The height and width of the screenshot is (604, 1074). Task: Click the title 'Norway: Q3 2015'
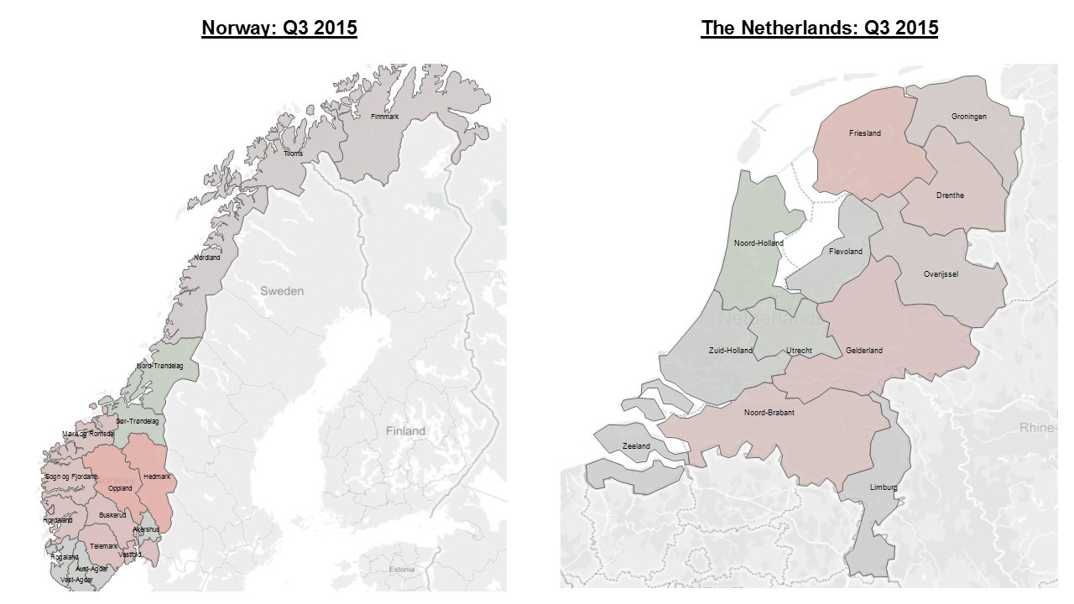click(279, 28)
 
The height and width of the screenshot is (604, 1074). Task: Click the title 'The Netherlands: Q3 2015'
click(820, 28)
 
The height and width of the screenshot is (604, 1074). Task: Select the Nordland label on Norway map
click(207, 258)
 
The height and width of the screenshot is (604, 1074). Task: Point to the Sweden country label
click(282, 291)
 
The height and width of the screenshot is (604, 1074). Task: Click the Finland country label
click(405, 431)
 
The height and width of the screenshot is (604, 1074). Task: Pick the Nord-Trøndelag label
click(160, 366)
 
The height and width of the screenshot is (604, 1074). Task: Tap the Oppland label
click(120, 488)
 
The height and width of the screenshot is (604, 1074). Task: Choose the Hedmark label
click(157, 476)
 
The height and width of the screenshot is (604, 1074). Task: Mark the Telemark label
click(104, 546)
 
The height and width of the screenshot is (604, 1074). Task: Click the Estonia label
click(402, 570)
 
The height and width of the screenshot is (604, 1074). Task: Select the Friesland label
click(864, 133)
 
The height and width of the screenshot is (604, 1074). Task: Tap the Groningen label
click(969, 117)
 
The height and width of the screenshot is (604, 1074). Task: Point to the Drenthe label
click(950, 195)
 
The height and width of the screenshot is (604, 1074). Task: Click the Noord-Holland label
click(759, 243)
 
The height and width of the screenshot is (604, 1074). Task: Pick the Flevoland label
click(845, 252)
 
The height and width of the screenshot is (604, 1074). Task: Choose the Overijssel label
click(941, 273)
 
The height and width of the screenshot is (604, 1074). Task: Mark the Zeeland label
click(637, 446)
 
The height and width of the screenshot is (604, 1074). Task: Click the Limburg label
click(884, 487)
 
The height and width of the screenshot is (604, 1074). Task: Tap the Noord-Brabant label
click(769, 413)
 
